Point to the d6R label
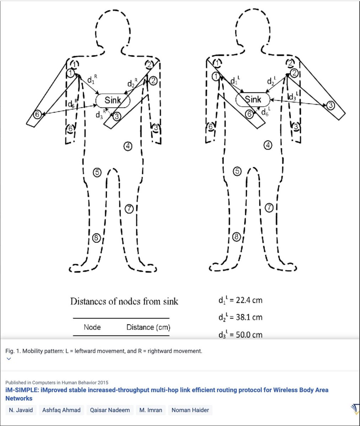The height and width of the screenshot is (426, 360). pyautogui.click(x=73, y=105)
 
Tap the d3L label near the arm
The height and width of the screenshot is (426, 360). pyautogui.click(x=293, y=96)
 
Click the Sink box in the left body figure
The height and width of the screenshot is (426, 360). pyautogui.click(x=113, y=100)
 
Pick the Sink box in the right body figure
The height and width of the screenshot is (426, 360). pyautogui.click(x=253, y=99)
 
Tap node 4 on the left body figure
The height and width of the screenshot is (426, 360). pyautogui.click(x=128, y=146)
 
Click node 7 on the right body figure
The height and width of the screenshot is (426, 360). pyautogui.click(x=269, y=208)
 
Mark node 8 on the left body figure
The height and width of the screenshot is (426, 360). pyautogui.click(x=96, y=238)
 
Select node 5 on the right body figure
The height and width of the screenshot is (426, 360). pyautogui.click(x=237, y=171)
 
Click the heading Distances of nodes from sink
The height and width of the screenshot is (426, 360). pyautogui.click(x=124, y=302)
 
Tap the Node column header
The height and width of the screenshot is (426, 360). pyautogui.click(x=92, y=327)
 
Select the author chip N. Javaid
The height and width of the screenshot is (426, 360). pyautogui.click(x=21, y=410)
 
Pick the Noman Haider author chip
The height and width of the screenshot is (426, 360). pyautogui.click(x=190, y=410)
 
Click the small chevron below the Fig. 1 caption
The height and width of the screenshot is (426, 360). pyautogui.click(x=9, y=359)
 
